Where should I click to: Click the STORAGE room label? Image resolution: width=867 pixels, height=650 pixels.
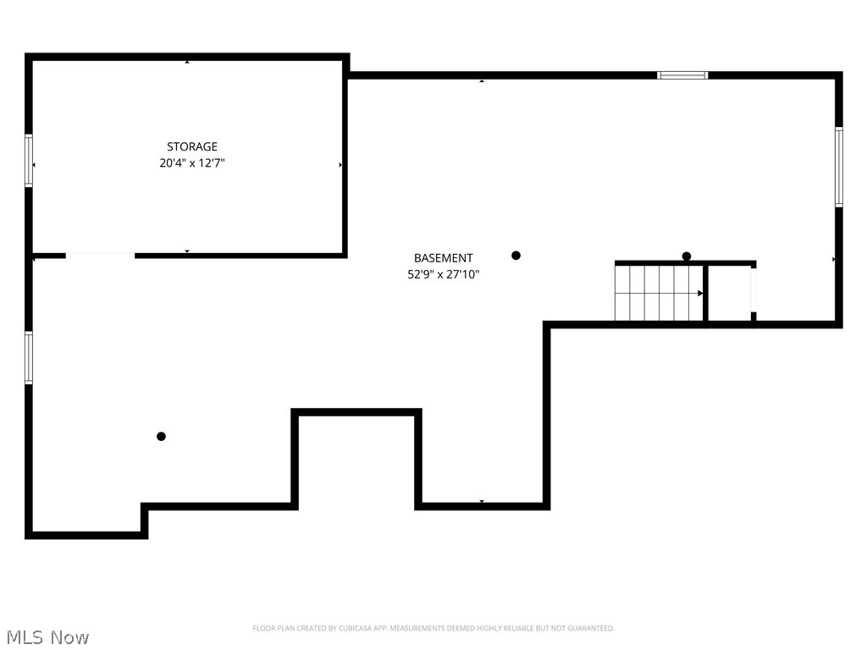(x=191, y=146)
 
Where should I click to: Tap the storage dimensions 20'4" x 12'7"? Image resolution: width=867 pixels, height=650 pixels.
(x=191, y=163)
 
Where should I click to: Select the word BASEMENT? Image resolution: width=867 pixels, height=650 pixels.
(x=443, y=258)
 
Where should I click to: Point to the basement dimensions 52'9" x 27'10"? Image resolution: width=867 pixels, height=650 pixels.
(x=443, y=274)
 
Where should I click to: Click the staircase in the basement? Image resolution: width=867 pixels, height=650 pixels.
(x=659, y=293)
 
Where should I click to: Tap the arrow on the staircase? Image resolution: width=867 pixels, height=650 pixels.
(x=699, y=293)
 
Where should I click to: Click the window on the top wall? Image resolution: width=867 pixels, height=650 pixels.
(x=682, y=75)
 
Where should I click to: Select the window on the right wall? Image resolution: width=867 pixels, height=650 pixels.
(x=838, y=167)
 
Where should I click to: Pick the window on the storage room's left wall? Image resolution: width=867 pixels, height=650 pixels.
(x=29, y=161)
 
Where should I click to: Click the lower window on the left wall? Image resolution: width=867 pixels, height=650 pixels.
(x=29, y=357)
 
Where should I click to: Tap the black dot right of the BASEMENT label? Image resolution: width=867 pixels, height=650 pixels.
(x=516, y=255)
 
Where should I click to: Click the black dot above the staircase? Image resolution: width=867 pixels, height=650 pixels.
(x=687, y=256)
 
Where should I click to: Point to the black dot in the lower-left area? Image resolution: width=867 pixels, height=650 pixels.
(x=161, y=437)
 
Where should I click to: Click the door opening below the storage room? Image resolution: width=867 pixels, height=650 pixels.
(x=100, y=255)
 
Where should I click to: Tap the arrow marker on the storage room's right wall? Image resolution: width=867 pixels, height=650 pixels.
(x=340, y=165)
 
